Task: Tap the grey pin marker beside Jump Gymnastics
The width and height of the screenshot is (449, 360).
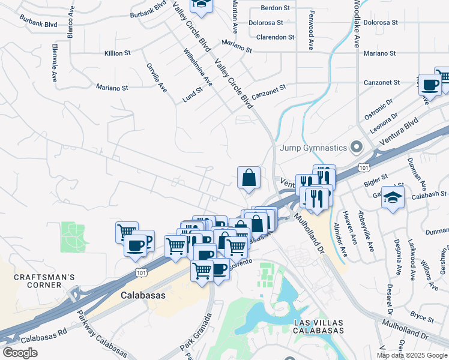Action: tap(357, 147)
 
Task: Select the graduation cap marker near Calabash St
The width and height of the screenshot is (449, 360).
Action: tap(393, 197)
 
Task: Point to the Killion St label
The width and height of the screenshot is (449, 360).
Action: tap(118, 53)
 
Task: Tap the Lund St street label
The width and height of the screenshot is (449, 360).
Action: tap(194, 93)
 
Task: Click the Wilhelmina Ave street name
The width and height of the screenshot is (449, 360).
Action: tap(197, 67)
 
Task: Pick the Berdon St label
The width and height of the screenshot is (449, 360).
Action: tap(275, 8)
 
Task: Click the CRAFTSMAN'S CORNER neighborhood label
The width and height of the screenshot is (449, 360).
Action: tap(45, 281)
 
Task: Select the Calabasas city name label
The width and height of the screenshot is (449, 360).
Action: tap(142, 296)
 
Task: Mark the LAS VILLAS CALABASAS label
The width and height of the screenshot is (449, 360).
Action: tap(319, 326)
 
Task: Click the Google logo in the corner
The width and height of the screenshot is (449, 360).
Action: tap(20, 352)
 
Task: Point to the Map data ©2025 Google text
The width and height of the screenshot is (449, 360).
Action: tap(412, 355)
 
